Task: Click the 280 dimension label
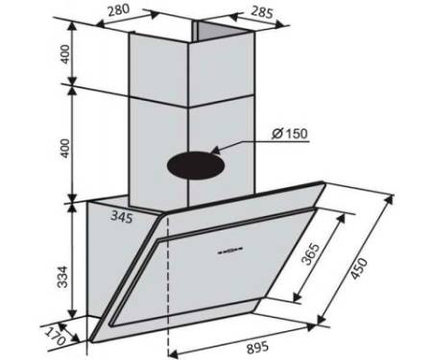[118, 10]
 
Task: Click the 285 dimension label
[262, 12]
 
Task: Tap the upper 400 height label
[65, 54]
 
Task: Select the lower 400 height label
[65, 148]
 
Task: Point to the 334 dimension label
[63, 276]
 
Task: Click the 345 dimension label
[122, 217]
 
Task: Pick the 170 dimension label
[55, 336]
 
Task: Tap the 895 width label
[257, 347]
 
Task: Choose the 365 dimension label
[311, 254]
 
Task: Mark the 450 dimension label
[359, 269]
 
